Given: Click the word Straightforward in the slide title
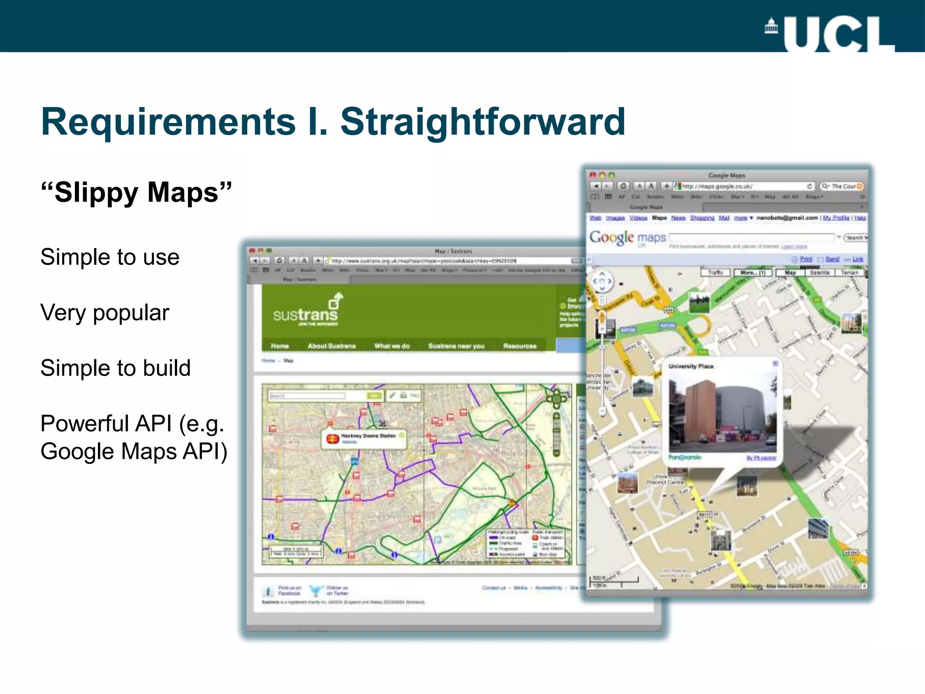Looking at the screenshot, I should point(482,122).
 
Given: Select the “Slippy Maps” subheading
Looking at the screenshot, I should point(136,192).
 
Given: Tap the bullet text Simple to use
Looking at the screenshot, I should point(110,257).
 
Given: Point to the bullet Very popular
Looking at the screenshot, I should point(105,313).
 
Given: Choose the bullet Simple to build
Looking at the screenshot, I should point(115,368).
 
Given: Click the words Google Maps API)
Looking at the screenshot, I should point(134,451).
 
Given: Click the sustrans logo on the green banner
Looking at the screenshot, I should point(306,311).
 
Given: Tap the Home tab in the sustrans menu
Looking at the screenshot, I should point(280,346).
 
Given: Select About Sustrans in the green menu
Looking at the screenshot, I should point(332,346).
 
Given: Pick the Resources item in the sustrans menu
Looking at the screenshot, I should point(519,346).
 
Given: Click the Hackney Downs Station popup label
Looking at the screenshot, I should point(368,436).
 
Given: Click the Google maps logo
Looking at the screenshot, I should point(627,237).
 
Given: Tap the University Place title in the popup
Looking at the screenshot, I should point(691,366).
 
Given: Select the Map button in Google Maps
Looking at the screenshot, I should point(790,272).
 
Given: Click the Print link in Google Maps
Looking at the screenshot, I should point(806,259).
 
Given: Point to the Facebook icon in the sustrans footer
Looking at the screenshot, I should point(268,591).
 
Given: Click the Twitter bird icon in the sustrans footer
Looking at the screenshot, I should point(316,590).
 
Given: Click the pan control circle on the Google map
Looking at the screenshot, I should point(602,281).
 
